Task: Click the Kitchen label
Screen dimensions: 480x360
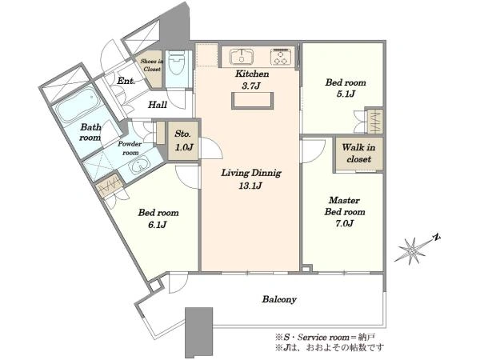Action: click(x=252, y=74)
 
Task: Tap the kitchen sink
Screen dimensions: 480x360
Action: click(x=242, y=56)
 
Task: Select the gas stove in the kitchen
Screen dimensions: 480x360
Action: click(x=281, y=57)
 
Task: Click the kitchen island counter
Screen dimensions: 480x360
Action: click(x=252, y=101)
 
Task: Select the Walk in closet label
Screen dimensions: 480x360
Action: click(x=358, y=153)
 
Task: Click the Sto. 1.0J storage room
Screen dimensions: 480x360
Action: click(x=184, y=141)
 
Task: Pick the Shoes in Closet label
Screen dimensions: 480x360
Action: click(x=151, y=66)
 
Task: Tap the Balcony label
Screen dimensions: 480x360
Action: click(x=279, y=299)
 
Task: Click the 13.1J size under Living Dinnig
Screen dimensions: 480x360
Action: click(x=250, y=186)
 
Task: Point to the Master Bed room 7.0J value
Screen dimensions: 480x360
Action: click(x=344, y=223)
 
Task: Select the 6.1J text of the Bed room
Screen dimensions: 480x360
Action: click(x=157, y=225)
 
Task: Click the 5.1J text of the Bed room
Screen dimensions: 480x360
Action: click(x=346, y=94)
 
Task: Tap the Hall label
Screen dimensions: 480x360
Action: click(x=158, y=105)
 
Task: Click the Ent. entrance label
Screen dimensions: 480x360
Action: click(x=126, y=81)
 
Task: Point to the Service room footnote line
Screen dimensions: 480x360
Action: click(x=325, y=338)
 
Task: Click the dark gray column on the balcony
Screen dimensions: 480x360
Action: click(x=198, y=332)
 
